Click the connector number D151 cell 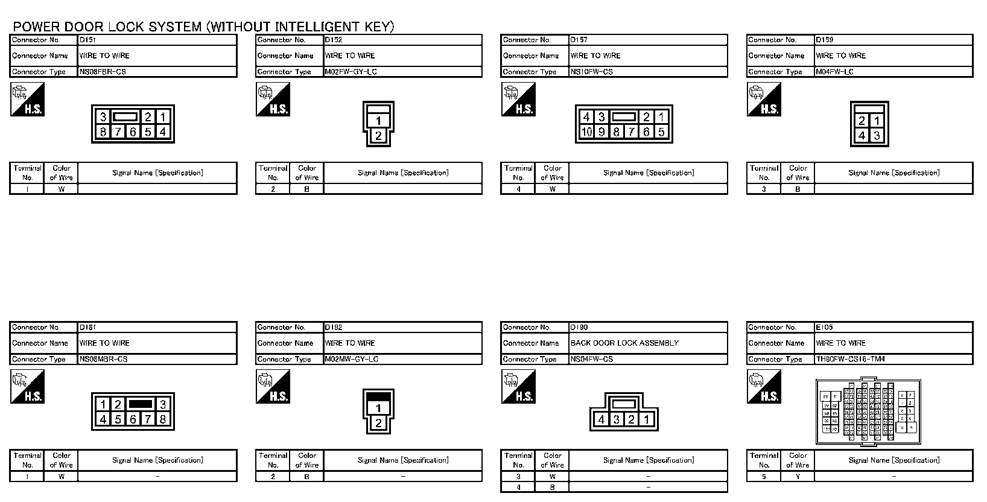point(87,40)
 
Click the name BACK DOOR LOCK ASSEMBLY point(624,343)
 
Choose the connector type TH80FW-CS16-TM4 point(850,359)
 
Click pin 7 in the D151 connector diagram point(118,132)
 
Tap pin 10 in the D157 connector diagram point(586,132)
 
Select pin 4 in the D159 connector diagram point(862,136)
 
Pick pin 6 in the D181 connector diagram point(133,419)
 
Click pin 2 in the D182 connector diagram point(378,423)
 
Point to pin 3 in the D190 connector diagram point(616,419)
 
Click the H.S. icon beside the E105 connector point(763,387)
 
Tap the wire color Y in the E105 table point(798,476)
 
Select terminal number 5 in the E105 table point(763,476)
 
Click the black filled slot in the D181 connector point(140,404)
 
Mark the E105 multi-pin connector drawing point(869,411)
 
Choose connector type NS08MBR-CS point(103,359)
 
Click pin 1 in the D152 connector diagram point(378,121)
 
